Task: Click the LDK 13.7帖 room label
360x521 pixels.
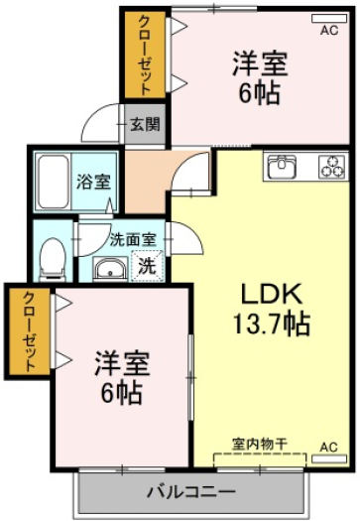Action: tap(272, 309)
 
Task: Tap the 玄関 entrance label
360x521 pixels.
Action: tap(145, 125)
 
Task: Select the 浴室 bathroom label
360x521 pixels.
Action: tap(93, 182)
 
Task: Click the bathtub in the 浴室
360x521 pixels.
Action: tap(54, 182)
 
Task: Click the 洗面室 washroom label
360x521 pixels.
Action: tap(133, 239)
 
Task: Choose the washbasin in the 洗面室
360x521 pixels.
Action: tap(110, 269)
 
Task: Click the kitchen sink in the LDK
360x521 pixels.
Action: tap(283, 166)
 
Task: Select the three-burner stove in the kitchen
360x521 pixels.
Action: tap(332, 166)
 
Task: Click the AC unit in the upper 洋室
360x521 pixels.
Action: tap(329, 19)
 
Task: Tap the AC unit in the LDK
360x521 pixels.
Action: tap(329, 458)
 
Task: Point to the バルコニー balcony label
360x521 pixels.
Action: tap(191, 491)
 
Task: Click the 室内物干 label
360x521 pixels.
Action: tap(260, 444)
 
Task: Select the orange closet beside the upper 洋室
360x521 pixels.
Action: tap(145, 55)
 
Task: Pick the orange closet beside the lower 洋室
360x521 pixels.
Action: tap(29, 331)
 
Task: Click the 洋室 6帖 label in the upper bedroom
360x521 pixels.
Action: tap(260, 77)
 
